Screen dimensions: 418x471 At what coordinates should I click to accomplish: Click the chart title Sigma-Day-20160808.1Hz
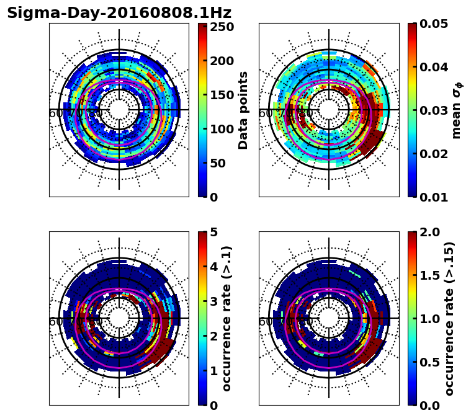point(119,13)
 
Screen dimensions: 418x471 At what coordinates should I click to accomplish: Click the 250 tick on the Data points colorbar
point(222,27)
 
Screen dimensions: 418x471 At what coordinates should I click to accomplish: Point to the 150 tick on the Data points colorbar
point(222,95)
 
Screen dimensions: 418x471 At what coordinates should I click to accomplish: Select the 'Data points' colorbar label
point(243,110)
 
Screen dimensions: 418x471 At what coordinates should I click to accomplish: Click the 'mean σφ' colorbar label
point(457,110)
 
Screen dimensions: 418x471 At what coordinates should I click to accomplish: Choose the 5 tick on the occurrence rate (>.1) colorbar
point(213,232)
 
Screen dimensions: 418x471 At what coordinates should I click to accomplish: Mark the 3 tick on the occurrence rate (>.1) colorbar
point(213,301)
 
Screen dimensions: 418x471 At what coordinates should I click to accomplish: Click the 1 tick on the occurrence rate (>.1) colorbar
point(213,371)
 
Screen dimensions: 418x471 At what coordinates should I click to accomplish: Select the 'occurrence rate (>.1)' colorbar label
point(227,318)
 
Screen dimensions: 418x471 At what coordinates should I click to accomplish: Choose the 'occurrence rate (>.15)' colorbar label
point(449,318)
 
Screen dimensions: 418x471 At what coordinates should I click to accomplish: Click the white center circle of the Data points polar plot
point(119,110)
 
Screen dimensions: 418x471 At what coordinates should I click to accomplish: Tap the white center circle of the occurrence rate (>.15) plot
point(329,318)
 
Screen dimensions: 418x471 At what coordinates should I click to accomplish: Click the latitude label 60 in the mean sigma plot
point(265,113)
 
